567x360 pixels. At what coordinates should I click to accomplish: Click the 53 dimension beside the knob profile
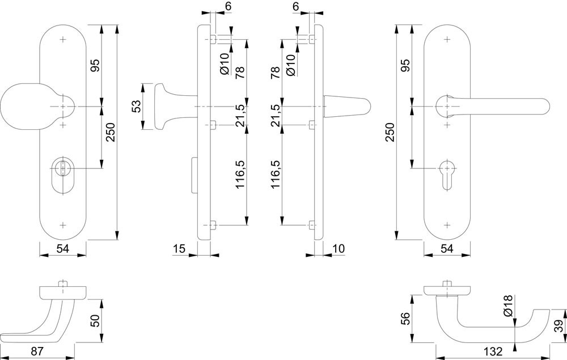[x=136, y=107]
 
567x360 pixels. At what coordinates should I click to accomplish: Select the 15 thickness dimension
[x=179, y=249]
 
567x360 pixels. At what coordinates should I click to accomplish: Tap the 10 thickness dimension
[x=338, y=249]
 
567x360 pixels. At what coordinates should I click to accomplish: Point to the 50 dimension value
[x=94, y=321]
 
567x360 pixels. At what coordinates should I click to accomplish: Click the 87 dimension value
[x=37, y=351]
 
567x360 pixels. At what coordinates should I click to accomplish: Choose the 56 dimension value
[x=406, y=319]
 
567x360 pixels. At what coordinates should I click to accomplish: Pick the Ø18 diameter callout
[x=509, y=306]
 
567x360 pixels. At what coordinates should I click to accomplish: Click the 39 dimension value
[x=558, y=326]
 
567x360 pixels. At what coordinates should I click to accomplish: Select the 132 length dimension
[x=493, y=351]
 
